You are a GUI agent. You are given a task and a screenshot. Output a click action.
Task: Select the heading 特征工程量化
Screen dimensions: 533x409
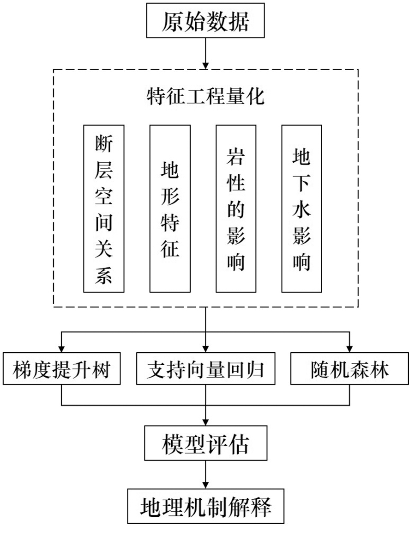coord(205,97)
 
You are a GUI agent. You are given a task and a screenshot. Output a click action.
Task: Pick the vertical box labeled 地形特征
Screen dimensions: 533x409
coord(169,208)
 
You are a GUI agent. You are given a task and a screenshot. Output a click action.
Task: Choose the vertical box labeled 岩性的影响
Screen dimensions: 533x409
coord(236,208)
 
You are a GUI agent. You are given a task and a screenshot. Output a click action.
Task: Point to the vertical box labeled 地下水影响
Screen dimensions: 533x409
coord(302,208)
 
